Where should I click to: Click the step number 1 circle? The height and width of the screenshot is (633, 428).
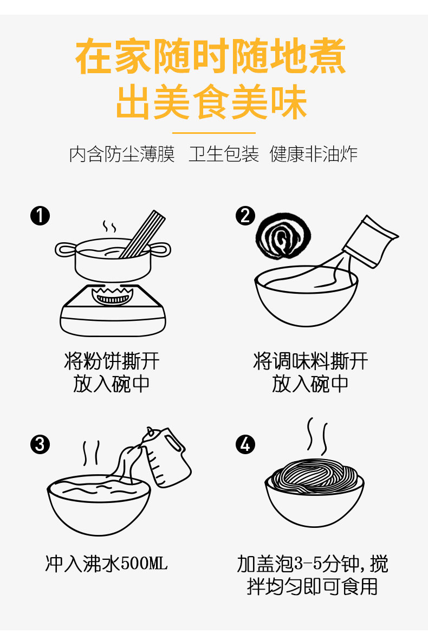(40, 216)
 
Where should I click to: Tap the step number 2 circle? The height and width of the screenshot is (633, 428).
(245, 216)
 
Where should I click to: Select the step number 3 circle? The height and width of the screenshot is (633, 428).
(40, 444)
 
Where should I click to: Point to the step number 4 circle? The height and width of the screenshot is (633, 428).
(245, 444)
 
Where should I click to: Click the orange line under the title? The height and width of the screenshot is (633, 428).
(214, 132)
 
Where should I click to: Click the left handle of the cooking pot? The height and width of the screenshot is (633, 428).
(65, 249)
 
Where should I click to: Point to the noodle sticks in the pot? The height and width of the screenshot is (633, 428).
(142, 234)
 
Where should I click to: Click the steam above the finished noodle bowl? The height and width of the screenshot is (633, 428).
(317, 436)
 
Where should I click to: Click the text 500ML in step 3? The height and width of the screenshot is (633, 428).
(144, 564)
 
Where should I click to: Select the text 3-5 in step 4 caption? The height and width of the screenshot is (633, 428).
(308, 564)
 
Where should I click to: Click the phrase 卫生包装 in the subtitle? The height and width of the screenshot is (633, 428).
(224, 154)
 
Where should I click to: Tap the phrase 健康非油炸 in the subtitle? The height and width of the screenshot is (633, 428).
(314, 154)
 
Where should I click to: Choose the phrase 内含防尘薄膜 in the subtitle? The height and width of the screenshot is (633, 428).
(122, 154)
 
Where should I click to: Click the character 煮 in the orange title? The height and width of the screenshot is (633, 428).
(326, 56)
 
